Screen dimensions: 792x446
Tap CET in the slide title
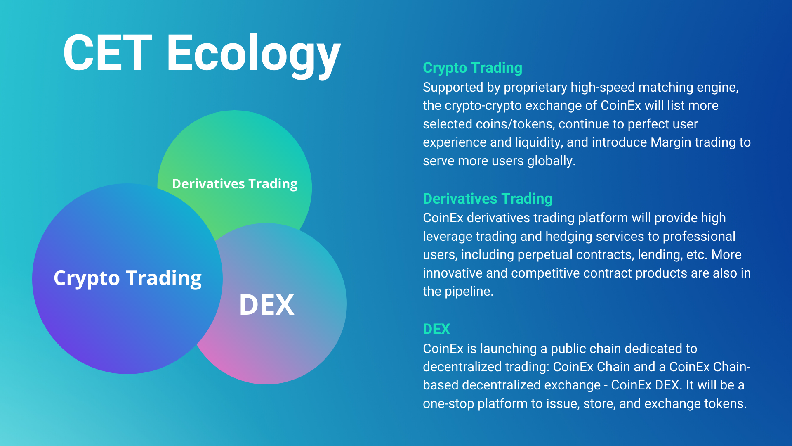click(x=108, y=53)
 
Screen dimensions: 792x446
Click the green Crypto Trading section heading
click(x=472, y=68)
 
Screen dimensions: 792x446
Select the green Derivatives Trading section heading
click(x=488, y=199)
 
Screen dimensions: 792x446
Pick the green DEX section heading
click(x=436, y=329)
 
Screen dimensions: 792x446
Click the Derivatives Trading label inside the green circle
click(x=235, y=184)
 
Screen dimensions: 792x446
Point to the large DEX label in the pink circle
click(x=267, y=305)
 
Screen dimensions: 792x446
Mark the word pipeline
click(x=469, y=292)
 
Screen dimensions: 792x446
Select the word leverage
click(x=447, y=237)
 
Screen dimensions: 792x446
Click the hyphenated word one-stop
click(x=448, y=404)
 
